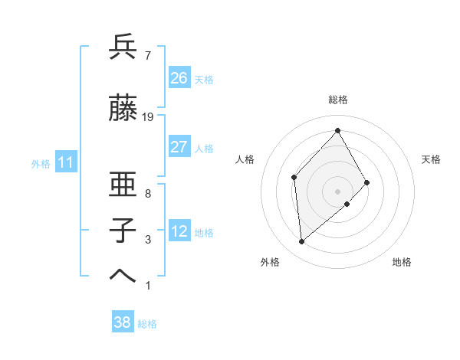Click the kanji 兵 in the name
123,47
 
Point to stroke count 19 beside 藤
148,117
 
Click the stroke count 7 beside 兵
147,55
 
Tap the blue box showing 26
179,78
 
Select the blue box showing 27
179,147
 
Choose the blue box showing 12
179,232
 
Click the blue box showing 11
65,163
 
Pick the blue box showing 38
123,322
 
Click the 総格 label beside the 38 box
147,324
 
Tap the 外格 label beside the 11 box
41,164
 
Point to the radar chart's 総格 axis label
338,100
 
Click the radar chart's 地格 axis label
402,262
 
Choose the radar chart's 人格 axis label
245,159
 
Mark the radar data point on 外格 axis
301,242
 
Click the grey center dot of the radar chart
338,191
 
